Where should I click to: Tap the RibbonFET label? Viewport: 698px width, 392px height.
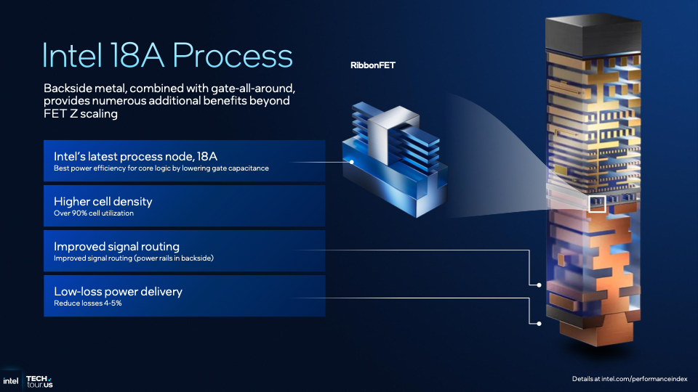(372, 66)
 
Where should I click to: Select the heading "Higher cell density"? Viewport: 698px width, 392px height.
(103, 201)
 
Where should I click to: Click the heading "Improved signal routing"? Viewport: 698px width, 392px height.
(116, 246)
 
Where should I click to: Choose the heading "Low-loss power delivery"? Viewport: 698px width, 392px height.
(118, 291)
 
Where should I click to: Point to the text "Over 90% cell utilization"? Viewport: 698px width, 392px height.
(94, 213)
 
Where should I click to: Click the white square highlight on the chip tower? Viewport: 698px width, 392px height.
(596, 203)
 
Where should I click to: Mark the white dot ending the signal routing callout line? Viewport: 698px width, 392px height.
(539, 285)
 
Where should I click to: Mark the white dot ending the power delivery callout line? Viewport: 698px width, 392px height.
(539, 323)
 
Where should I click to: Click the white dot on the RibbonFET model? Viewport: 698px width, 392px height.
(352, 162)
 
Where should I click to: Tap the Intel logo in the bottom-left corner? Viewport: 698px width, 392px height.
(10, 380)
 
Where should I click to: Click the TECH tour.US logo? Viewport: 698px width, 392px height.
(39, 380)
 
